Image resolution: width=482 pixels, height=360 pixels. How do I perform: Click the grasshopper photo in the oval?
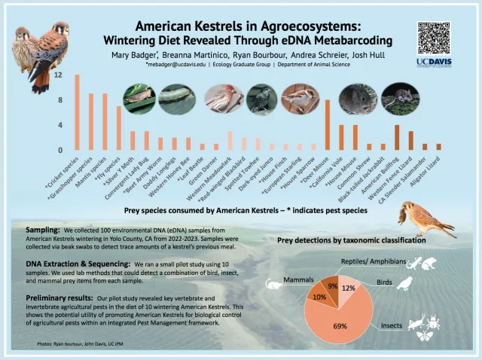pos(139,96)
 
